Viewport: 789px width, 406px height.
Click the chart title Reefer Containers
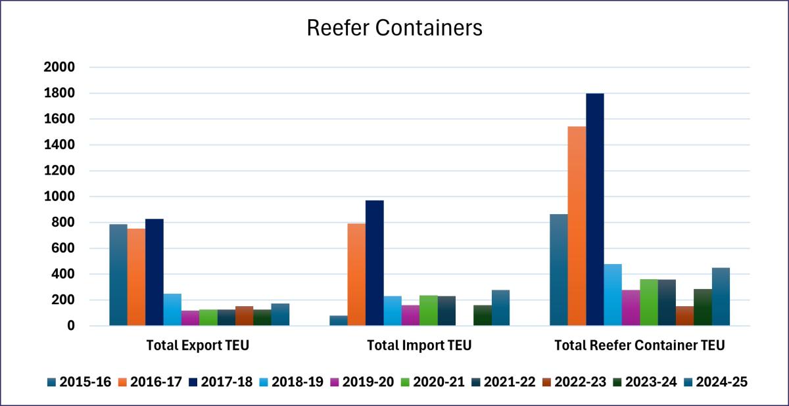(x=394, y=28)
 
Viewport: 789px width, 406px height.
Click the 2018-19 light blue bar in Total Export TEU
(x=172, y=309)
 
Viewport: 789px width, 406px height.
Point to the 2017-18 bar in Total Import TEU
(x=375, y=263)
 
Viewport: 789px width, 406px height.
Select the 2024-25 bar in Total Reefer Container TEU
(x=721, y=296)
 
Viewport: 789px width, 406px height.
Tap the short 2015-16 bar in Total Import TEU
(x=339, y=321)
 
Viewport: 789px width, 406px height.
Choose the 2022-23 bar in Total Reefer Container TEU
(x=684, y=316)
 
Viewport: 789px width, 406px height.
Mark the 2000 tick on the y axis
(x=59, y=67)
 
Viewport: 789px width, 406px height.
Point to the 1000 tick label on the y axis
(x=59, y=196)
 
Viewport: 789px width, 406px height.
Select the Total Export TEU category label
(x=198, y=346)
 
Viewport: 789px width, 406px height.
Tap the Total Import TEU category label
(x=419, y=346)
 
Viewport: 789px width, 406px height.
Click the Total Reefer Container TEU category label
(x=640, y=346)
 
